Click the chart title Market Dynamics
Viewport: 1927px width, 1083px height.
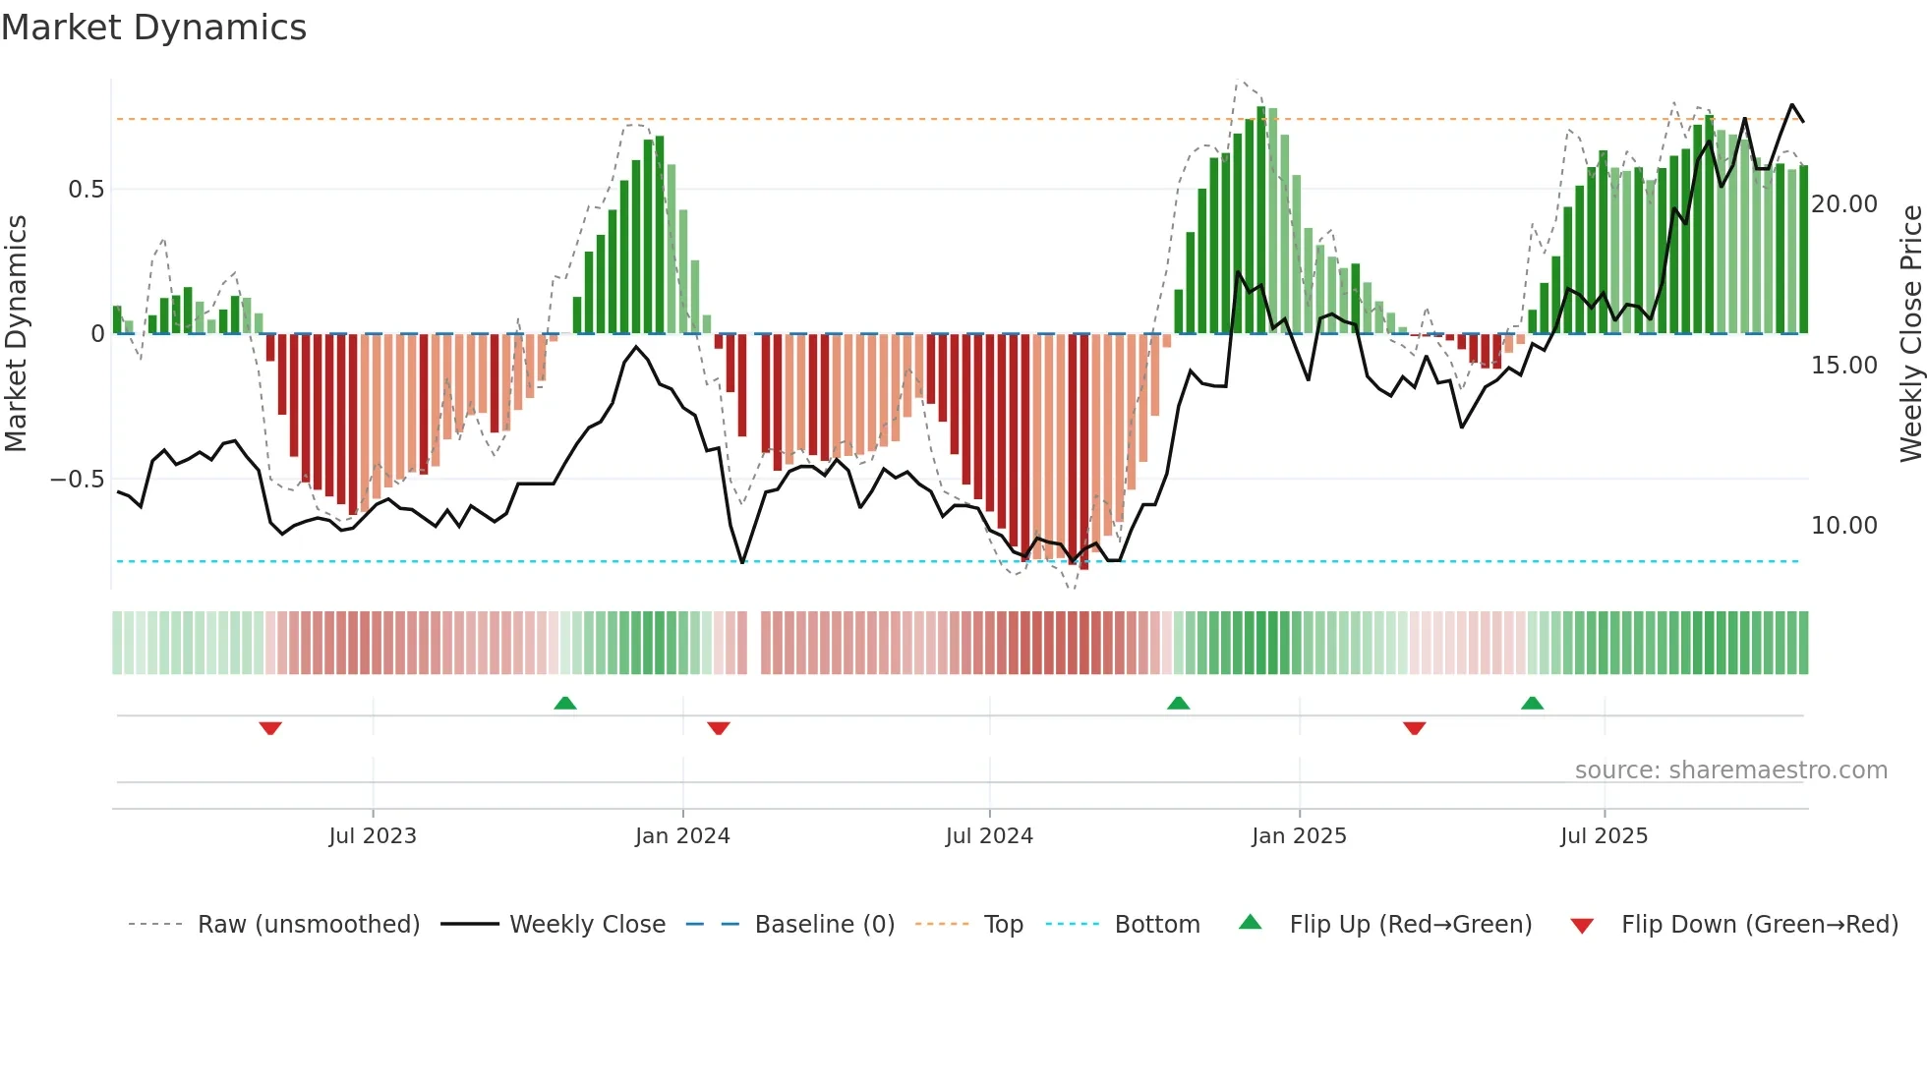tap(154, 28)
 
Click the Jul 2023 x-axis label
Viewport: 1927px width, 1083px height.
tap(373, 836)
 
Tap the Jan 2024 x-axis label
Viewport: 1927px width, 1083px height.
tap(682, 836)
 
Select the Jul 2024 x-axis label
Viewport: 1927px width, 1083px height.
tap(989, 836)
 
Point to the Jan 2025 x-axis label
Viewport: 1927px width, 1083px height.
tap(1299, 836)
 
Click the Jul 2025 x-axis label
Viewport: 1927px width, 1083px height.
tap(1604, 836)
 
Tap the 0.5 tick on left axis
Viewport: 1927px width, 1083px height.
tap(87, 190)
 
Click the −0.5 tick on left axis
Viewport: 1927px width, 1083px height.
tap(77, 480)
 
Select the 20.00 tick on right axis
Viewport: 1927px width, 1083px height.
tap(1844, 204)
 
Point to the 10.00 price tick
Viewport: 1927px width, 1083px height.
tap(1844, 526)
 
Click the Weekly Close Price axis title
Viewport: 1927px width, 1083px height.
tap(1910, 334)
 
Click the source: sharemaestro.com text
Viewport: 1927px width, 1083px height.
tap(1730, 770)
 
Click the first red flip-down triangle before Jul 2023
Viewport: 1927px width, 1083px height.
tap(270, 727)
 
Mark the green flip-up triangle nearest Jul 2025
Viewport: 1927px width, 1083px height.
tap(1532, 703)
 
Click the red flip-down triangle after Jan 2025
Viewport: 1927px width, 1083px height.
tap(1414, 727)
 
